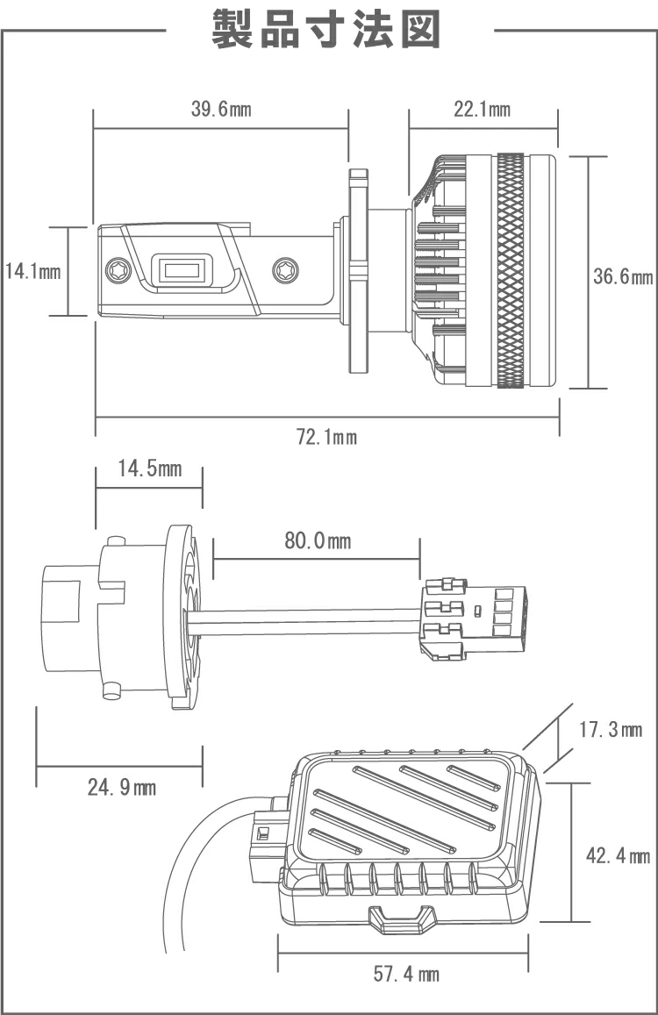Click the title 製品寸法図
tap(326, 31)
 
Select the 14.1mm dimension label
tap(32, 271)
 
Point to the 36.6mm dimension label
tap(622, 277)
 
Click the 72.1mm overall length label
tap(326, 437)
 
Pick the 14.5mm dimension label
tap(150, 468)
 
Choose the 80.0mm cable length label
tap(318, 541)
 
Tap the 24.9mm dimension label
tap(121, 788)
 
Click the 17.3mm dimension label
tap(612, 730)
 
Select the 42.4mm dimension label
tap(618, 856)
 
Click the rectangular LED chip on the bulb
tap(182, 268)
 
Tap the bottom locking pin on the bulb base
tap(111, 692)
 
